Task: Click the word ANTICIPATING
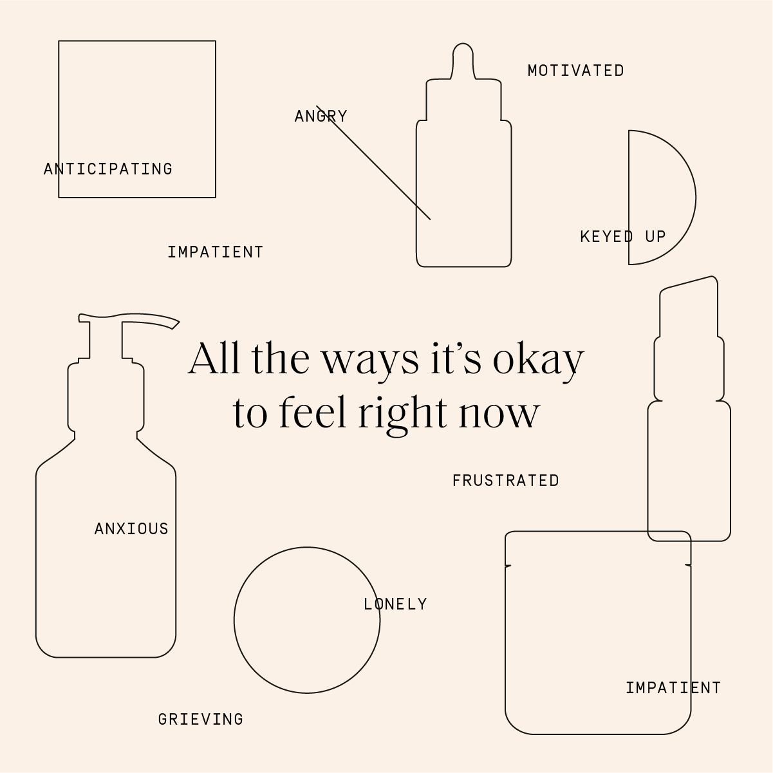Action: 108,169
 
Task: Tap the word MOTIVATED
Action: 575,71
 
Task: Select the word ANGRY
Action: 321,116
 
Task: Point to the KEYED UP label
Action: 623,237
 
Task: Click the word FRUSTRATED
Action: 505,481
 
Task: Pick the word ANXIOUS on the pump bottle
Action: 131,528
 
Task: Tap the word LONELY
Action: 395,604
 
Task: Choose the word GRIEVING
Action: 201,719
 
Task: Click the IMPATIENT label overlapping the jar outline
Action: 673,688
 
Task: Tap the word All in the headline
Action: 214,357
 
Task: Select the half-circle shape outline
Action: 696,198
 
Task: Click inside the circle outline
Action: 307,620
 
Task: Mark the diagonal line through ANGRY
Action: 373,162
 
